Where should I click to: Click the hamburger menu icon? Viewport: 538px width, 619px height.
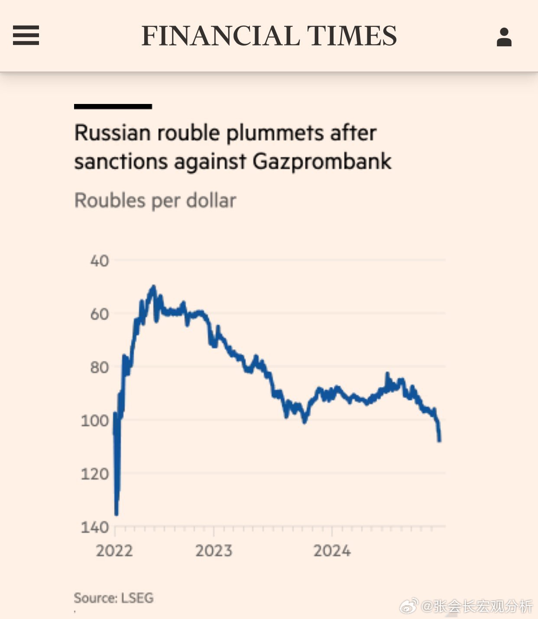(26, 35)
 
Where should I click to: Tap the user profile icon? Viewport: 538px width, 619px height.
(504, 37)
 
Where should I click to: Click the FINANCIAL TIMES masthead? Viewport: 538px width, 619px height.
(269, 36)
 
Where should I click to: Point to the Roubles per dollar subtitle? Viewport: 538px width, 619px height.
(155, 201)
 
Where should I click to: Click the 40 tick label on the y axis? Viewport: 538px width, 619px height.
(99, 261)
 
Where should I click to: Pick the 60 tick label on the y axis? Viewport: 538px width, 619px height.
(99, 314)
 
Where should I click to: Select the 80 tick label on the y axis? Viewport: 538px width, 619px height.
(99, 367)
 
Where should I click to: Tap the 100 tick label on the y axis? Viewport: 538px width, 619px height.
(94, 421)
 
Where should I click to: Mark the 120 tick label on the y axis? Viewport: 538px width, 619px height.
(94, 474)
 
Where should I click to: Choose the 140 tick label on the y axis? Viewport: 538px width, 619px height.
(94, 527)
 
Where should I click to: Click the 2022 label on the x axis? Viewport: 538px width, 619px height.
(114, 551)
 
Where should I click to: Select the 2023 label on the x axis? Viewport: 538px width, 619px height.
(214, 551)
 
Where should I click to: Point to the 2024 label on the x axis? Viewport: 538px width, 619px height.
(332, 551)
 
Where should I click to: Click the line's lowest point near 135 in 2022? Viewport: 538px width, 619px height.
(116, 514)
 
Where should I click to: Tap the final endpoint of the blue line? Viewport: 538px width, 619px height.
(440, 441)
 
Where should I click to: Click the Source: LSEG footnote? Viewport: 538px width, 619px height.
(113, 598)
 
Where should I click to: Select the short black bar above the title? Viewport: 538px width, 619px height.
(113, 107)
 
